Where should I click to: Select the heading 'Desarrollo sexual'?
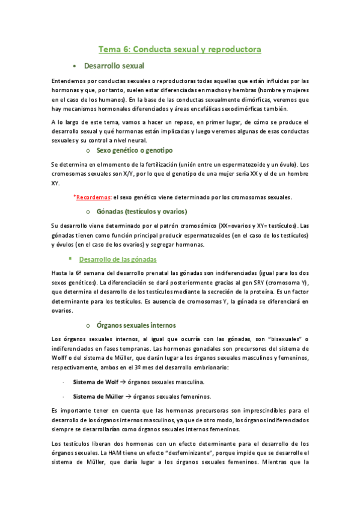click(x=114, y=66)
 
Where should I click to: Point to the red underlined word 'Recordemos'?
click(x=93, y=197)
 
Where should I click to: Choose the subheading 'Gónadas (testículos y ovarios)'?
click(x=141, y=212)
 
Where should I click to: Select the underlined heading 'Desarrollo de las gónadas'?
click(x=118, y=259)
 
